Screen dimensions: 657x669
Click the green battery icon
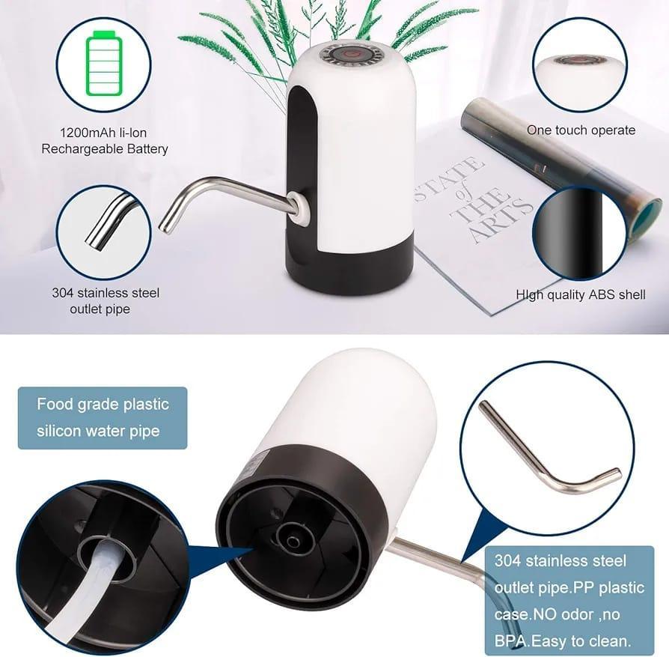[104, 64]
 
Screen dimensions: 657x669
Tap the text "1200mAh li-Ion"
[104, 133]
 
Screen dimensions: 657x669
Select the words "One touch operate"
[581, 130]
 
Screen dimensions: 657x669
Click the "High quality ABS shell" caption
[581, 295]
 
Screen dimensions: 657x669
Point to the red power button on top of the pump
[348, 55]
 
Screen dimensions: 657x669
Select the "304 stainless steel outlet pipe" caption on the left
[106, 300]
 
